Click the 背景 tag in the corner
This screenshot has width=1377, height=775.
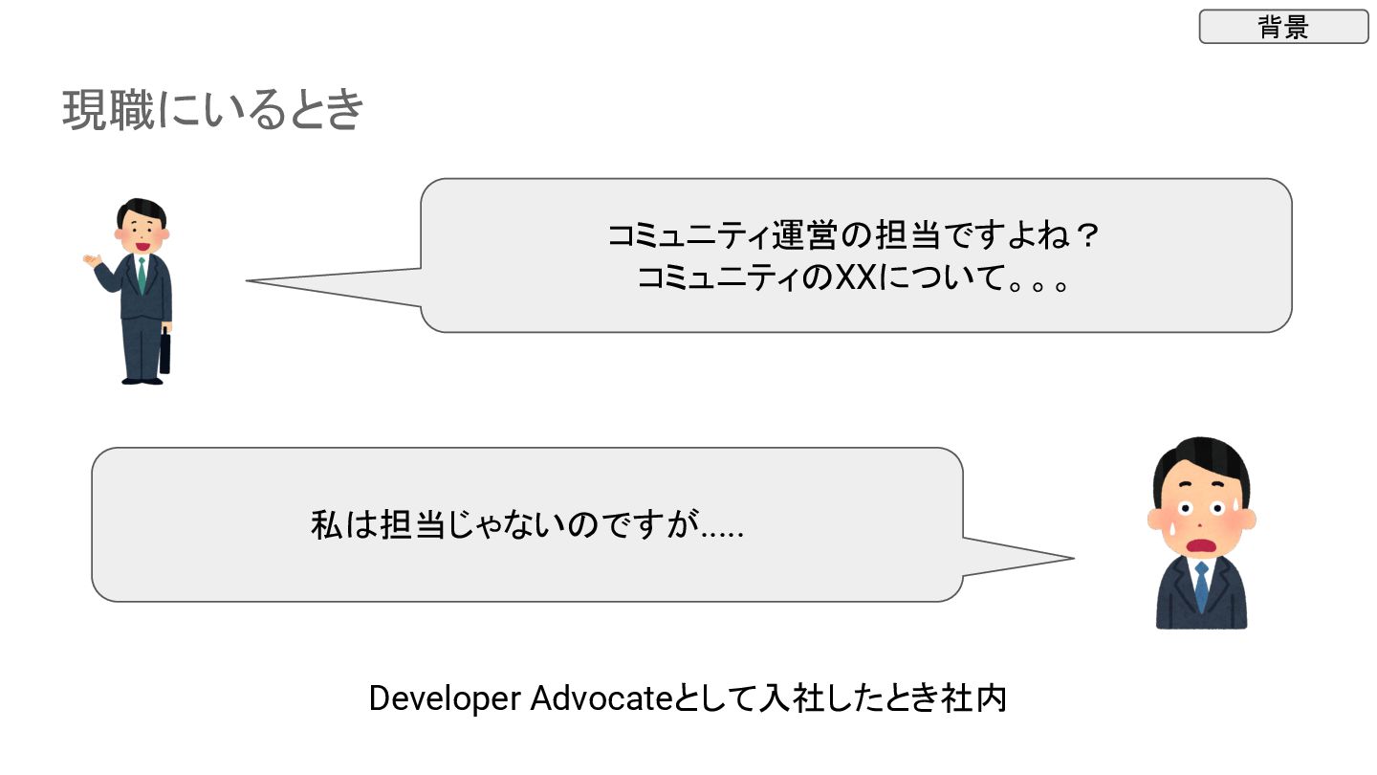click(x=1283, y=27)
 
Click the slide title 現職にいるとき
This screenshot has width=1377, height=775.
click(x=213, y=111)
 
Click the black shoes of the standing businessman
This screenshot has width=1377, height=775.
click(x=142, y=380)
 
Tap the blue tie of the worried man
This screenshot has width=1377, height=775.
click(x=1201, y=586)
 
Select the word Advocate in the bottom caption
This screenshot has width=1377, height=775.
click(x=597, y=699)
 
